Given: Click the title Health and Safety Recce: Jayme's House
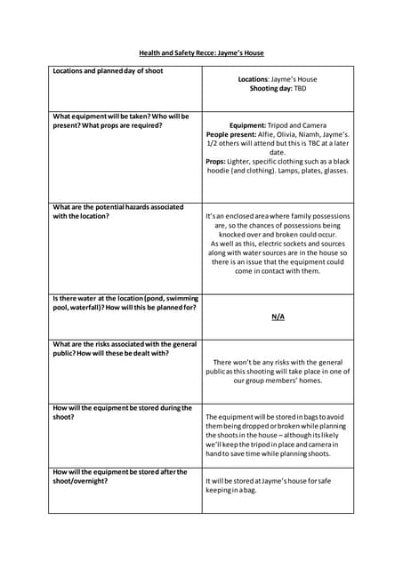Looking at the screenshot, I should tap(201, 53).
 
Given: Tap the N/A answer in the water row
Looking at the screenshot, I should tap(278, 317).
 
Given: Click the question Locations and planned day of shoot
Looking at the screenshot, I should tap(109, 71).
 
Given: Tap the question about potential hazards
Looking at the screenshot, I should tap(118, 212).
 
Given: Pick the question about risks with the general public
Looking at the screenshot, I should tap(125, 349).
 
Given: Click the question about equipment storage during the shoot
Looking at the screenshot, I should tap(122, 412).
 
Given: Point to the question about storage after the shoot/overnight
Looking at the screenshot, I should tap(120, 477).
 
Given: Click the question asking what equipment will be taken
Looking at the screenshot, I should tap(121, 121).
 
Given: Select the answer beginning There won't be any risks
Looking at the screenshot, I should tap(278, 372).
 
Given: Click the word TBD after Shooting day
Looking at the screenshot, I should tap(300, 89).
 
